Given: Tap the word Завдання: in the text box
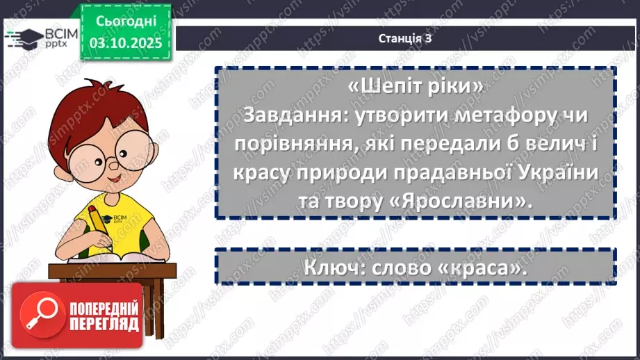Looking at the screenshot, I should click(286, 116).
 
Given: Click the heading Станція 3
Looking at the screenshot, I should click(406, 39).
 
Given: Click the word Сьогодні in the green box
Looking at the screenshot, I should click(126, 22).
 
